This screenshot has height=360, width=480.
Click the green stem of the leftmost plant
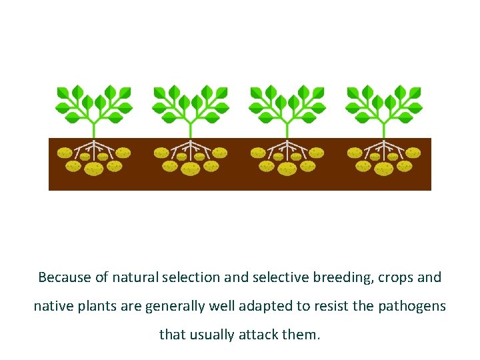click(94, 127)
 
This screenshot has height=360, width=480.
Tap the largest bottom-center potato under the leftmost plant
click(94, 169)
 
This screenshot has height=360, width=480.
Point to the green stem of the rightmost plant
click(383, 127)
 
